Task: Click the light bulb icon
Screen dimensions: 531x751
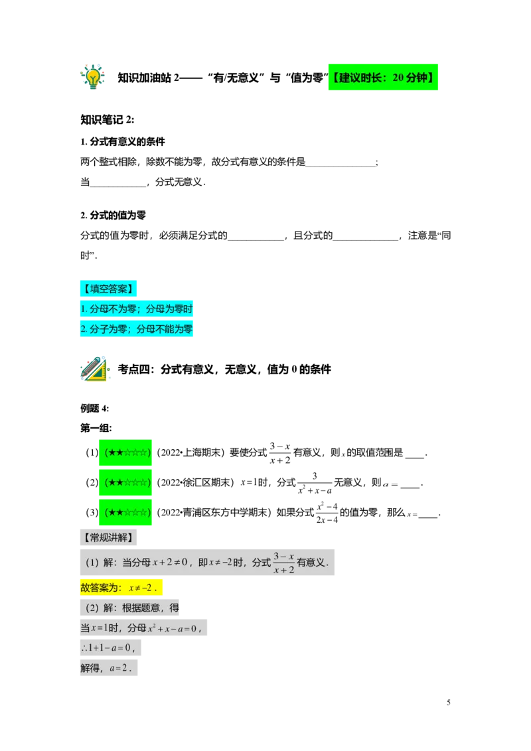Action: [92, 77]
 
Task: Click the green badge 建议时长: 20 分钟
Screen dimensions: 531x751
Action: [383, 77]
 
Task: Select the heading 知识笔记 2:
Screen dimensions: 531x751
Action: [108, 119]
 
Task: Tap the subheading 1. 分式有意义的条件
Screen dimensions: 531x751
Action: [123, 142]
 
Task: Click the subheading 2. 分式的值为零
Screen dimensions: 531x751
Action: [113, 216]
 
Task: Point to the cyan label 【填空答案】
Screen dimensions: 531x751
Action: [108, 289]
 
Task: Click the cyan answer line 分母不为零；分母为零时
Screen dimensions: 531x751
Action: [137, 309]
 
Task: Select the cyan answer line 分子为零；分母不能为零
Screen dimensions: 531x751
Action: [137, 329]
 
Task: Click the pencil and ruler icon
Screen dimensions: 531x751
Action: [94, 369]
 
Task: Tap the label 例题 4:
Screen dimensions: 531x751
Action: [95, 409]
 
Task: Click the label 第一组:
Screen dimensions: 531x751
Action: [96, 428]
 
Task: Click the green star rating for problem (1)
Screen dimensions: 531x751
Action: [125, 452]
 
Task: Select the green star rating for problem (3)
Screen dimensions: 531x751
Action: [125, 512]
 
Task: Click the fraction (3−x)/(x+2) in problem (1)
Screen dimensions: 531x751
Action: [280, 453]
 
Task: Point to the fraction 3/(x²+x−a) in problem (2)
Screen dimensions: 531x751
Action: [315, 483]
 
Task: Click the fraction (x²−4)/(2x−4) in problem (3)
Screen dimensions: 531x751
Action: [327, 512]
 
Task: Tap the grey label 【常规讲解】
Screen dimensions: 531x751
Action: [108, 537]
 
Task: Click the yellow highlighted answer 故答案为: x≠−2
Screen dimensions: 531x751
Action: [121, 588]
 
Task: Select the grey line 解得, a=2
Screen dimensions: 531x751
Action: [109, 668]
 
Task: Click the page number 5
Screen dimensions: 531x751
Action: [449, 703]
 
